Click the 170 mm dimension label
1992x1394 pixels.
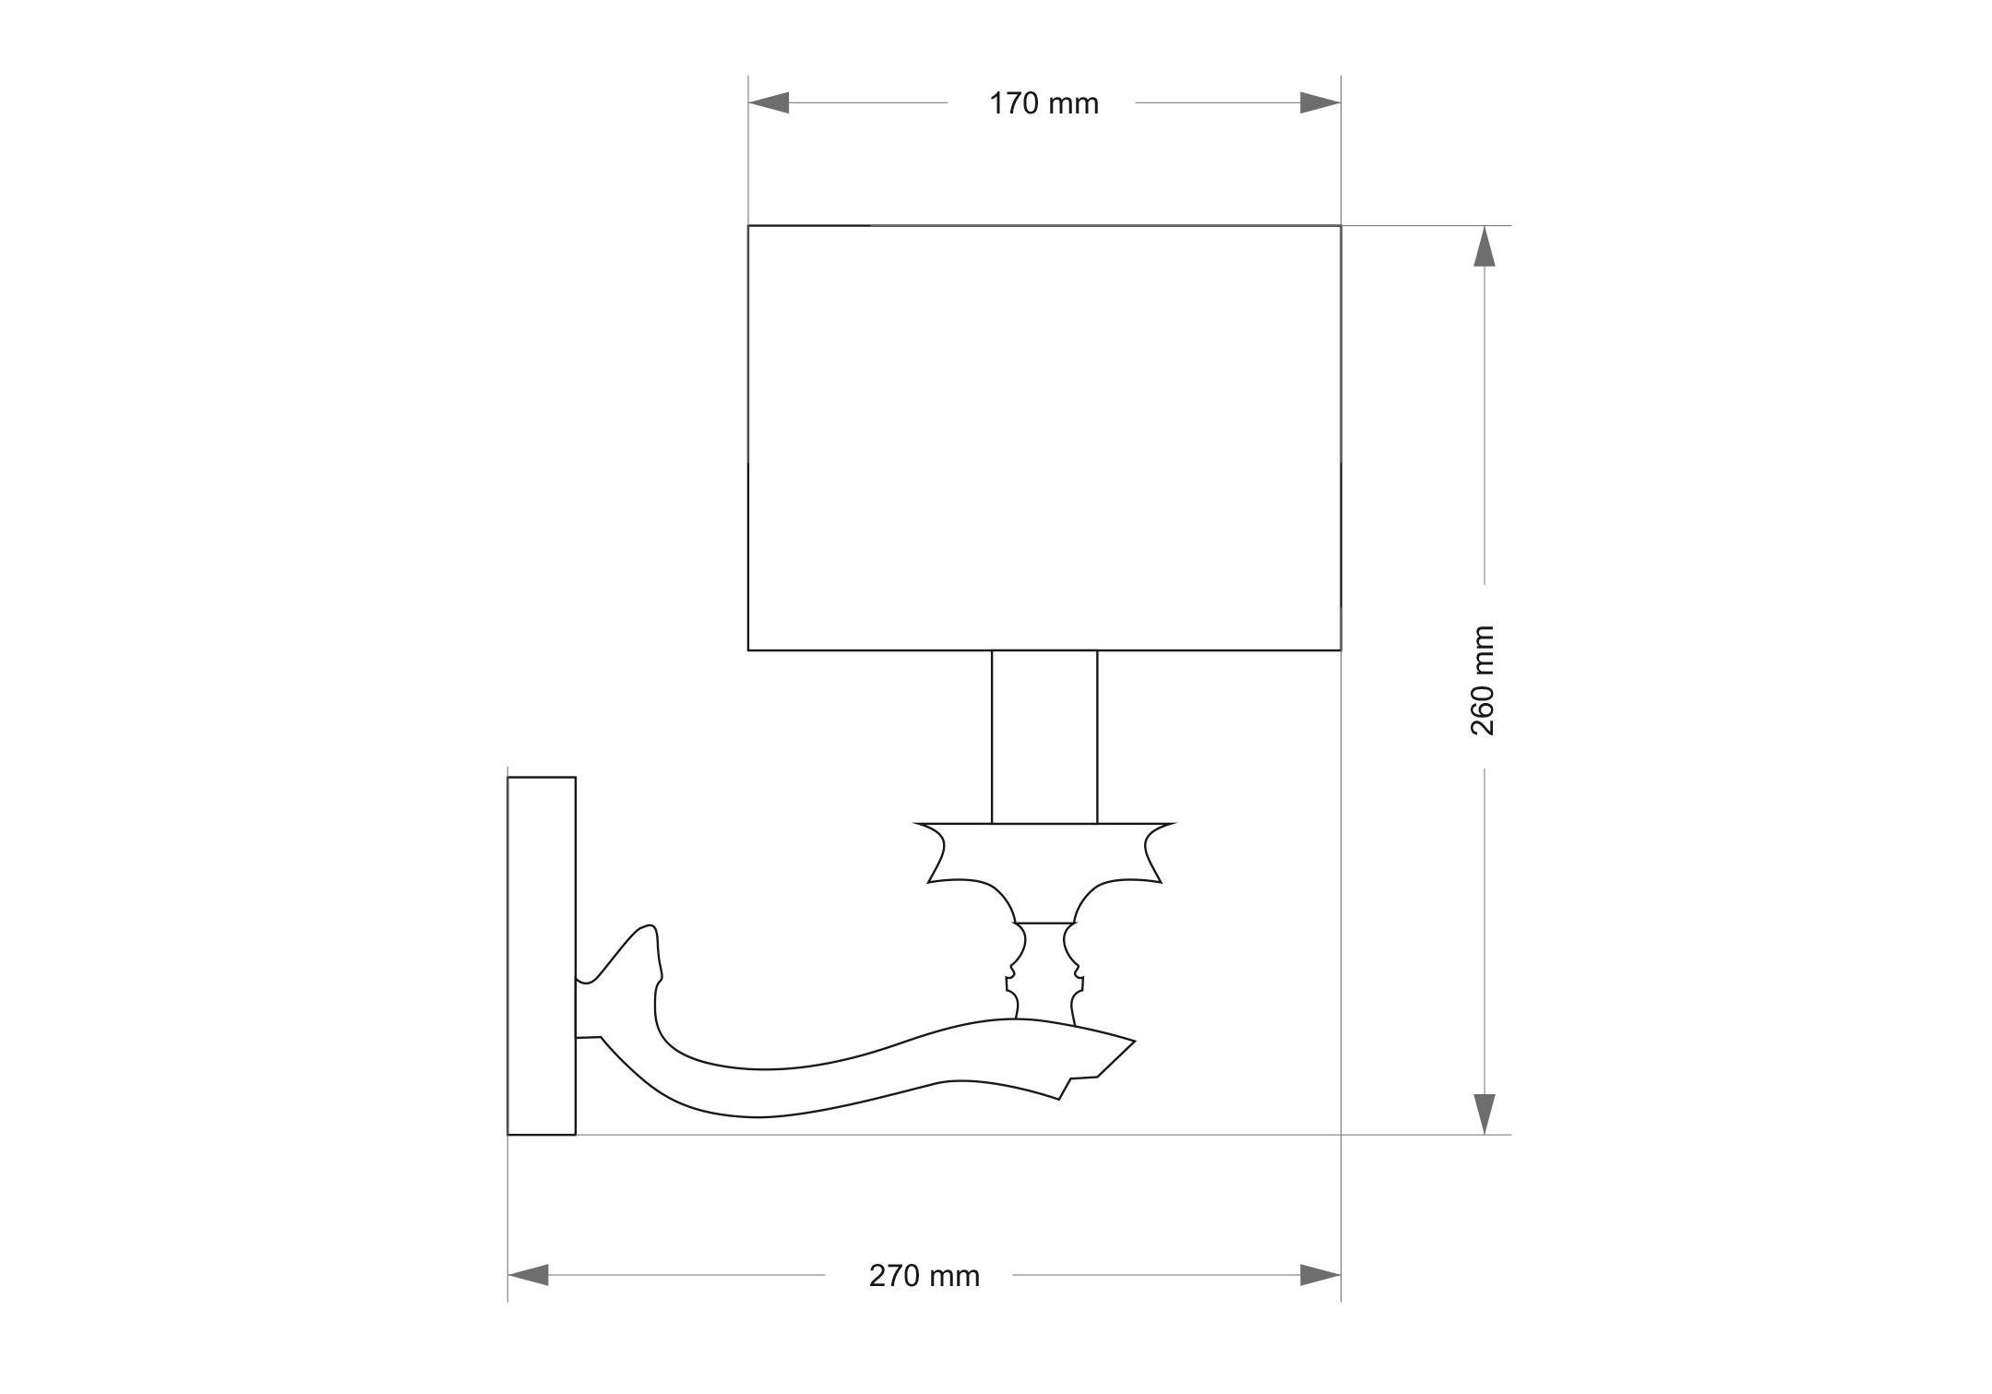pyautogui.click(x=1044, y=104)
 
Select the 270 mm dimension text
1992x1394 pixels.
pyautogui.click(x=924, y=1276)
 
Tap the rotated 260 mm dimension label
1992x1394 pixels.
pyautogui.click(x=1482, y=680)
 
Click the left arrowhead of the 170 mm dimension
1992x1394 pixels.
pyautogui.click(x=769, y=103)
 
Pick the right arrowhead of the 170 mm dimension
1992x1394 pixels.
pyautogui.click(x=1320, y=103)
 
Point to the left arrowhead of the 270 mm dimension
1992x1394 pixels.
pyautogui.click(x=528, y=1275)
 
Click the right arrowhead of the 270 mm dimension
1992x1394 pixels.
pyautogui.click(x=1320, y=1275)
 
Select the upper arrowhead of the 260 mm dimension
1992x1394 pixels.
pyautogui.click(x=1484, y=246)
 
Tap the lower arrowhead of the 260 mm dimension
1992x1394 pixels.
pyautogui.click(x=1484, y=1114)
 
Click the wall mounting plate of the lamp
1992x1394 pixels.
pyautogui.click(x=542, y=956)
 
